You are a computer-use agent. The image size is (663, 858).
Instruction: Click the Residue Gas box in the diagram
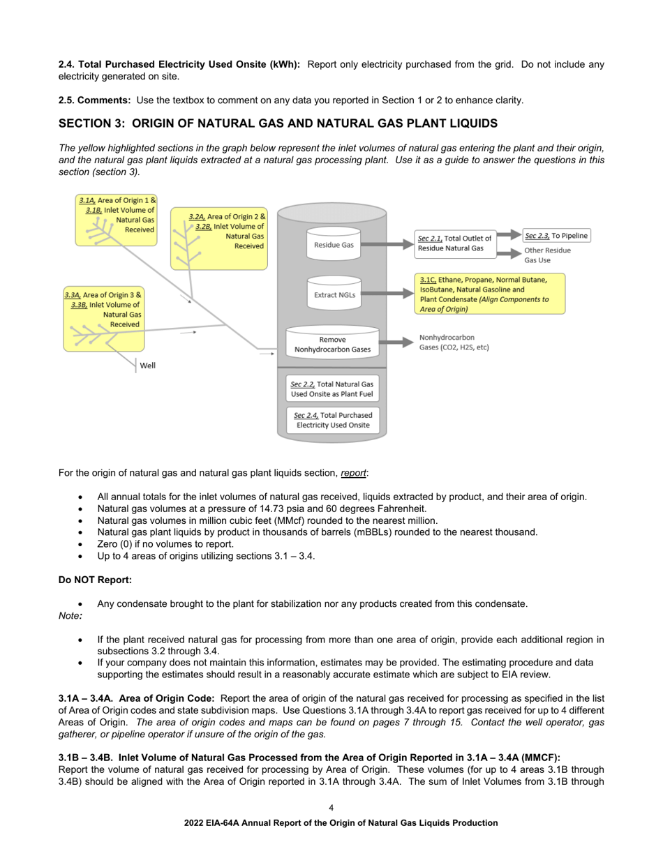click(334, 245)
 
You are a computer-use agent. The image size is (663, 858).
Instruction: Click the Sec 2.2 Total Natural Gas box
click(332, 389)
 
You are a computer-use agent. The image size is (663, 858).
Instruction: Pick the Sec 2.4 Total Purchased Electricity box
click(332, 419)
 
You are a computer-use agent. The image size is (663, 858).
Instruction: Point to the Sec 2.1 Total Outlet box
click(454, 243)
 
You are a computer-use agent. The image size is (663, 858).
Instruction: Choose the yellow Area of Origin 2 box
click(219, 241)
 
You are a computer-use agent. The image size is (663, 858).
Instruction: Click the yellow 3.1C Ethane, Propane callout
click(489, 294)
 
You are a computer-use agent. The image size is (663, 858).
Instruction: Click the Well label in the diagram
click(147, 365)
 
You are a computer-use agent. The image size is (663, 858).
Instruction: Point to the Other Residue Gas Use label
click(547, 255)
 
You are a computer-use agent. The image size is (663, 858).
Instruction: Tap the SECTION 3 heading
click(278, 123)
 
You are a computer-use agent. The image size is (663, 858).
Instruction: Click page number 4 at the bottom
click(331, 807)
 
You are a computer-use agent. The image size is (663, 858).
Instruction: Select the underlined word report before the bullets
click(353, 473)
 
